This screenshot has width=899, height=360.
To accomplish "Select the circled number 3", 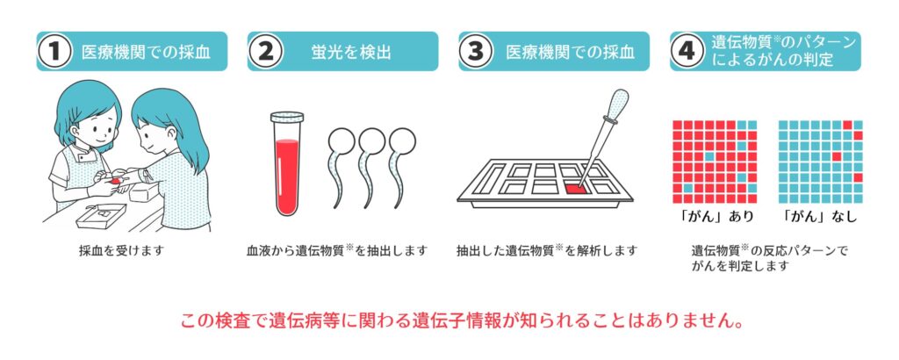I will point(477,52).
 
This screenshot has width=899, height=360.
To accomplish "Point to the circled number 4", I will point(687,52).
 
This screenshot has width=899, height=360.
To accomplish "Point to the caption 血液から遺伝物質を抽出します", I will point(336,250).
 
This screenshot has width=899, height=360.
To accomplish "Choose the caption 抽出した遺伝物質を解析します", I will point(546,250).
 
